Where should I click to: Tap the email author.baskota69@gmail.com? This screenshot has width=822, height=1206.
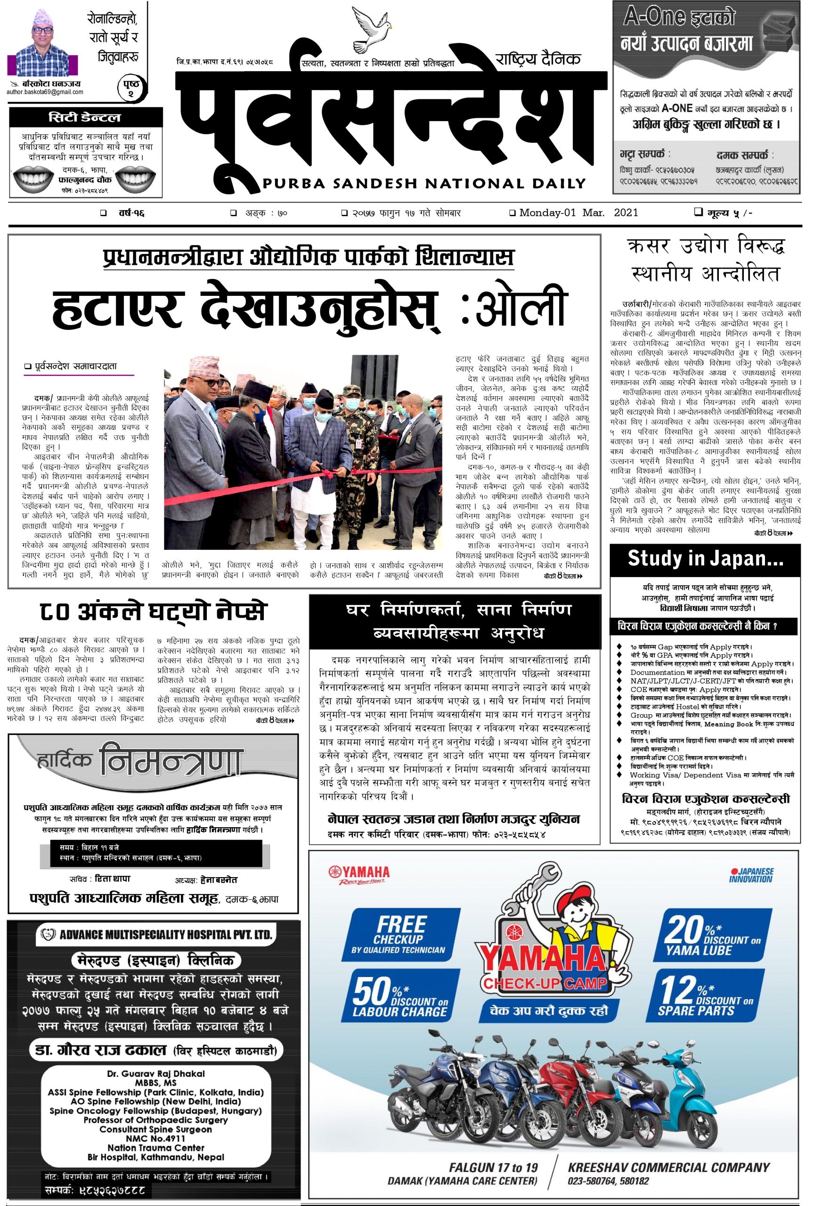45,92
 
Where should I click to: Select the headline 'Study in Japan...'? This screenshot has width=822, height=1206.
705,558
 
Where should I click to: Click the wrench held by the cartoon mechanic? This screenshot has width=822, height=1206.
529,896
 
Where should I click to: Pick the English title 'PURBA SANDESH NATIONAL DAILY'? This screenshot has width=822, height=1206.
424,183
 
